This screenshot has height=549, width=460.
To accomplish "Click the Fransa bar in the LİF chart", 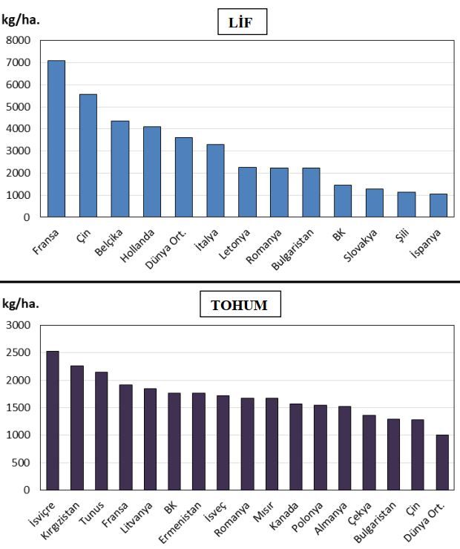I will [56, 139].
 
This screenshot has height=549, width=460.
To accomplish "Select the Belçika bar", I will [120, 169].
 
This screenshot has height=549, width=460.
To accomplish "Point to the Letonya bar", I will [247, 192].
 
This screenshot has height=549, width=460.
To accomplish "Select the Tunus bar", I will [101, 431].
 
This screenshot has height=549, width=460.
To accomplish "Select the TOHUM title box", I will [240, 304].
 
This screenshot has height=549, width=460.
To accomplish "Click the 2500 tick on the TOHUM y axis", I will [19, 352].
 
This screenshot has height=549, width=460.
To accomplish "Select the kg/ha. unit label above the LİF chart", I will [21, 20].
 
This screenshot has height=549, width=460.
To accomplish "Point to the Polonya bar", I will [320, 447].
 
